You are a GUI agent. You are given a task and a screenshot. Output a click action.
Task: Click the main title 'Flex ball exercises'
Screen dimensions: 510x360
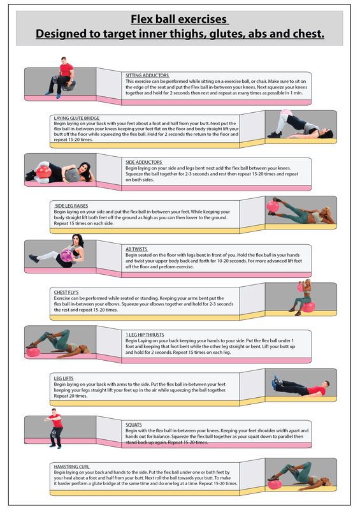click(x=180, y=20)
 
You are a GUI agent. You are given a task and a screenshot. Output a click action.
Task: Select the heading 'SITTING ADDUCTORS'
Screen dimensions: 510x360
click(x=147, y=75)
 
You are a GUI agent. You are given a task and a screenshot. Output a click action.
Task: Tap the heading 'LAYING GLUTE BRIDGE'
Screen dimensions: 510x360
click(x=77, y=118)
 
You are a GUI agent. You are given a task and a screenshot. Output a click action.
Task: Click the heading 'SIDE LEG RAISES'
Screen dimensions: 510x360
click(x=73, y=205)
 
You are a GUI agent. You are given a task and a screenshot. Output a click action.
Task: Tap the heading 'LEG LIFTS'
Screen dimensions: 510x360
click(x=64, y=378)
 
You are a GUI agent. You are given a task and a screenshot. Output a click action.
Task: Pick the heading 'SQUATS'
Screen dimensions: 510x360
click(x=134, y=424)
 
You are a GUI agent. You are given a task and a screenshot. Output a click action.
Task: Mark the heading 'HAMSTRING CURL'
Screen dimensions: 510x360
click(x=72, y=467)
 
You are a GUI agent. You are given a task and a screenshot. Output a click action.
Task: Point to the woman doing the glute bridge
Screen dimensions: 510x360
click(x=295, y=126)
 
